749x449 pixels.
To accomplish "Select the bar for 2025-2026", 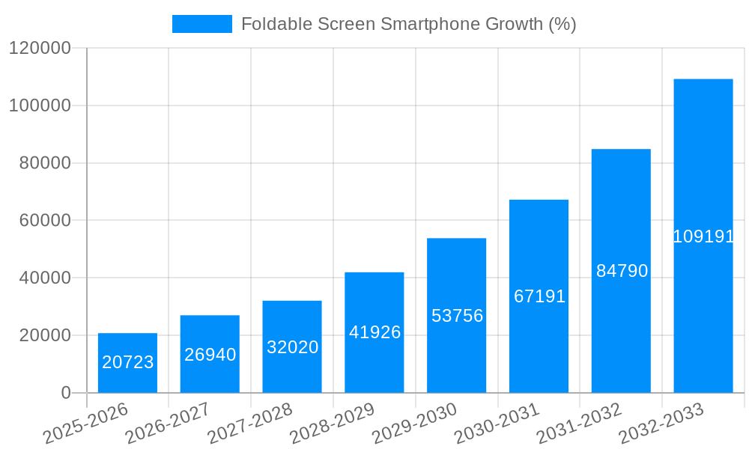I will (x=127, y=363).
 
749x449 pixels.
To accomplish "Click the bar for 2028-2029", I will (x=374, y=332).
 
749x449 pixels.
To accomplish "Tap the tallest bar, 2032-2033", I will (x=703, y=236).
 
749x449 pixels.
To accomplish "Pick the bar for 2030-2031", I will (x=539, y=296).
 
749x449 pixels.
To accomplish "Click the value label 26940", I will (x=210, y=355).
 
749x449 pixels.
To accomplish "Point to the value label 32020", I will (x=292, y=347).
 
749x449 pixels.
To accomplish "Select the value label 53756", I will (x=457, y=316).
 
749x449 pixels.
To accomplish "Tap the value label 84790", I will (x=622, y=271).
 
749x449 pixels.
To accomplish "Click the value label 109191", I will (x=703, y=236).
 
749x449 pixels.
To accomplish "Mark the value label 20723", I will (x=127, y=362).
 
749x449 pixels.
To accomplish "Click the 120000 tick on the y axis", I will (x=39, y=49).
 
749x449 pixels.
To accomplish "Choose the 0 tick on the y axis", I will (x=65, y=393).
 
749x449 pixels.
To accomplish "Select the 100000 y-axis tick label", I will (x=39, y=106).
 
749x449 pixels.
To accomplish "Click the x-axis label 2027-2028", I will (x=250, y=424).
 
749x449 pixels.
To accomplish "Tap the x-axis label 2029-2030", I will (x=415, y=424).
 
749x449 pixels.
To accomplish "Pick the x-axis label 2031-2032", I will (x=580, y=424).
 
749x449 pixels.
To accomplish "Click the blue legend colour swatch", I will (x=201, y=24).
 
